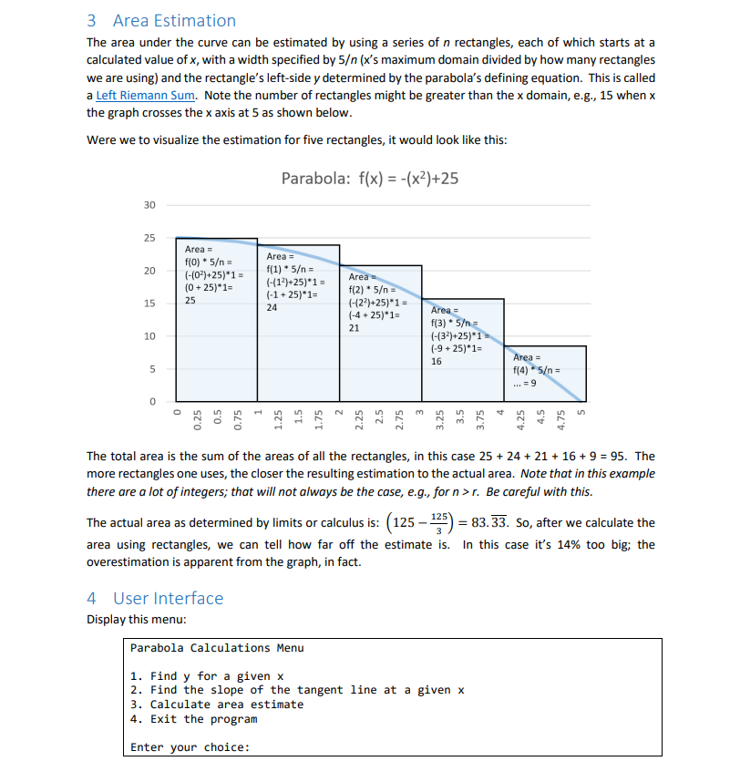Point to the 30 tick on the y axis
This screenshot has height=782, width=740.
click(149, 205)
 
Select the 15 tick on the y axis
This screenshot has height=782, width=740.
click(149, 304)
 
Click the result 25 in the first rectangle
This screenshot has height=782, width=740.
click(191, 299)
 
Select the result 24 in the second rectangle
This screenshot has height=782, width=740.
click(272, 307)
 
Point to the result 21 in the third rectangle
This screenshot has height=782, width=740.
click(355, 328)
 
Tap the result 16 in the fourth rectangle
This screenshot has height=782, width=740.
click(436, 361)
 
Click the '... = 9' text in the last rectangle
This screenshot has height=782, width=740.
click(529, 383)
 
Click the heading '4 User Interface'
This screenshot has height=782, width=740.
click(155, 598)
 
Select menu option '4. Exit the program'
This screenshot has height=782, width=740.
click(193, 719)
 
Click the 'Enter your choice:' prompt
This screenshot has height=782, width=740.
click(190, 747)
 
